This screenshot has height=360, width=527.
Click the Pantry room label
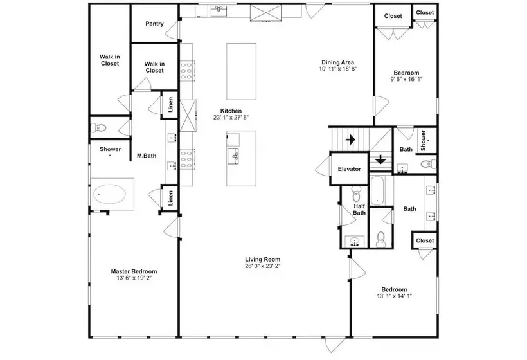155,24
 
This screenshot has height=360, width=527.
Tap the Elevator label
350,169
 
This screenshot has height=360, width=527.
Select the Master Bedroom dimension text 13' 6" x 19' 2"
134,278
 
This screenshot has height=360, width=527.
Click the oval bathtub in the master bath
109,194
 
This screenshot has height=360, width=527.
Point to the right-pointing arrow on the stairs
350,139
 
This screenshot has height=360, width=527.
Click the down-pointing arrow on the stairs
380,159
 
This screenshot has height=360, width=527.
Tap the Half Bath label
359,210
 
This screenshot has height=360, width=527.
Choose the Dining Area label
338,62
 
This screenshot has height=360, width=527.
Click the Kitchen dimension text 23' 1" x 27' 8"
231,117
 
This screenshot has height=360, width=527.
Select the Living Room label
262,259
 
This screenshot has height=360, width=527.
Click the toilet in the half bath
356,193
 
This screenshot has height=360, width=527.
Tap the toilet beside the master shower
98,128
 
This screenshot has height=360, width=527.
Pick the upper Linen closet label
170,105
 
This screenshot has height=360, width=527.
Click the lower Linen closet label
170,198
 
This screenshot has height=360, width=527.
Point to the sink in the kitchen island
233,156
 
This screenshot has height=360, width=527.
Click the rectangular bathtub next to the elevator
377,190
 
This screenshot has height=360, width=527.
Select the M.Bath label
147,156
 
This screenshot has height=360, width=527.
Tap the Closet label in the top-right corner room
425,12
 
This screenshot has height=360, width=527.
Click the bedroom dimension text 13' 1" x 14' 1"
394,296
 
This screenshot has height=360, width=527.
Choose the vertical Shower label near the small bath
423,141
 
